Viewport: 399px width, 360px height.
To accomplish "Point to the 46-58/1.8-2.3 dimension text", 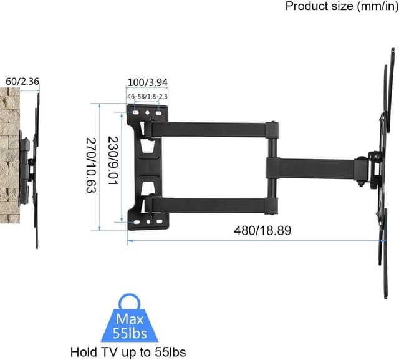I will pos(148,97).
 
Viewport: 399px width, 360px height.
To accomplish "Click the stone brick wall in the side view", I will pos(10,156).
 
